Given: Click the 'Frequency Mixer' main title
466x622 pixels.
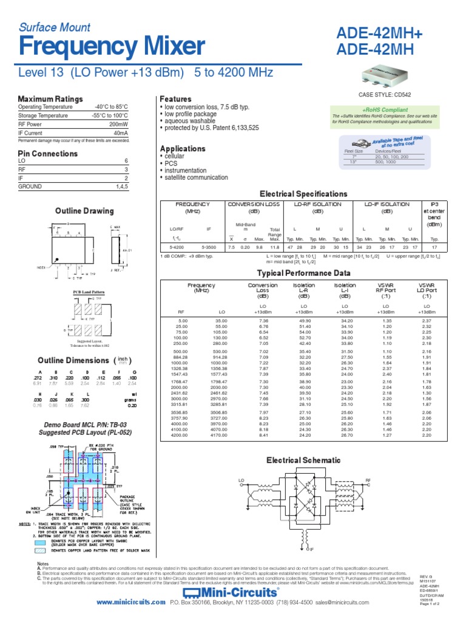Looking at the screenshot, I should click(111, 46).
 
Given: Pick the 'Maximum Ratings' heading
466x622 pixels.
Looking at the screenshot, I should click(50, 98).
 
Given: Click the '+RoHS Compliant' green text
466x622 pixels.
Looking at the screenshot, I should click(385, 109).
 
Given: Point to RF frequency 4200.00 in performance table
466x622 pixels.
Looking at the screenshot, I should click(180, 435).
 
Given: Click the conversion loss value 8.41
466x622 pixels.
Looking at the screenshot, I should click(263, 435).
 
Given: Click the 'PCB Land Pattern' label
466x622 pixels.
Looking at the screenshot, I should click(86, 292).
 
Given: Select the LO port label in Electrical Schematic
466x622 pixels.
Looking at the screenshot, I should click(241, 480).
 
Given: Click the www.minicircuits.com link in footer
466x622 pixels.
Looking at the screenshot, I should click(130, 602).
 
